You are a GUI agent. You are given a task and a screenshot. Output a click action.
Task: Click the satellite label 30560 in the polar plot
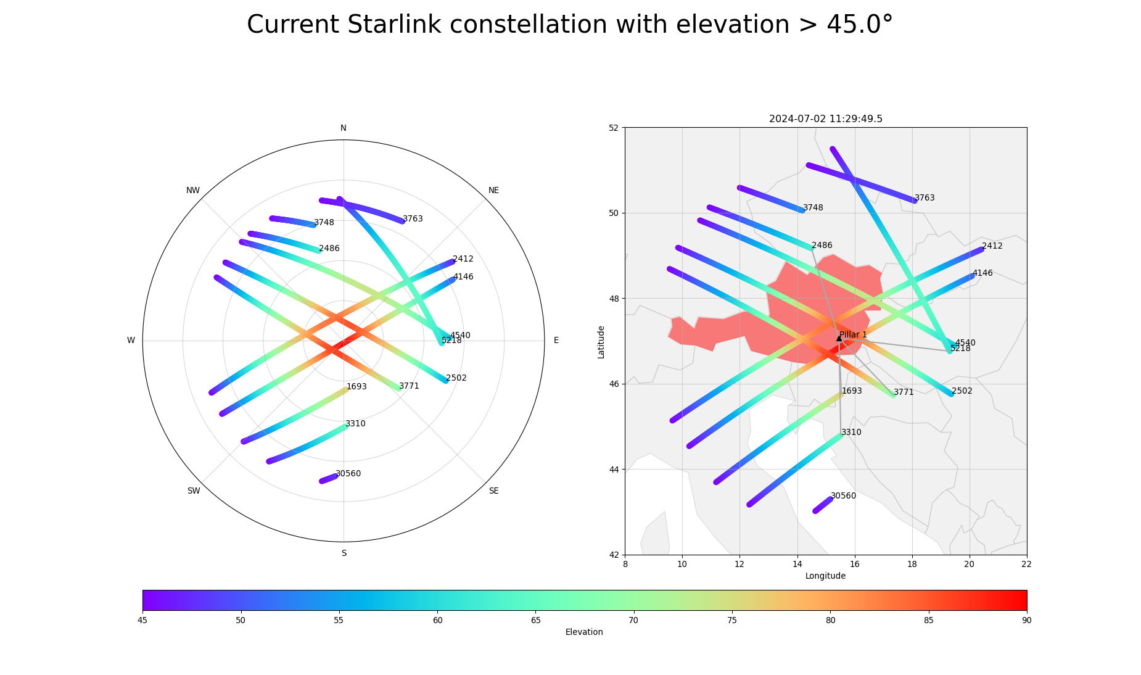click(348, 474)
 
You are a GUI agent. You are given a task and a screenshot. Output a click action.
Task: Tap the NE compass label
click(493, 190)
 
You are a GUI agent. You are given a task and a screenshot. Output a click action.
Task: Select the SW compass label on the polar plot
click(194, 491)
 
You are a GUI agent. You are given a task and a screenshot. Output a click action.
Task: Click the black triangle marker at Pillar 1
click(839, 338)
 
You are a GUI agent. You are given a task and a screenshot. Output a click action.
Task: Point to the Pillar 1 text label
click(853, 334)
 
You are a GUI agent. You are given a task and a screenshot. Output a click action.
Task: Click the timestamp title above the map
click(825, 119)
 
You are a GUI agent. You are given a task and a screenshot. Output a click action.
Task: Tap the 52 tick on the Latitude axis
click(614, 128)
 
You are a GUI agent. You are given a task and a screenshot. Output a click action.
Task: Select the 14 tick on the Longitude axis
click(797, 564)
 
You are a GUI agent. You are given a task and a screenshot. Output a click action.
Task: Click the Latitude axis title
click(601, 342)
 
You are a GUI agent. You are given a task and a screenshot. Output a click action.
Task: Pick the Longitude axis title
click(825, 576)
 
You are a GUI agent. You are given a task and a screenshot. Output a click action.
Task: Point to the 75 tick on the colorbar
click(731, 620)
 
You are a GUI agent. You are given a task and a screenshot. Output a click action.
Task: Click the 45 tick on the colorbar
click(142, 620)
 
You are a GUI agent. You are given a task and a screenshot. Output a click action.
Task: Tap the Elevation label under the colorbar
click(584, 632)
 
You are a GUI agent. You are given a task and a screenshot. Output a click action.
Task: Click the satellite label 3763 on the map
click(925, 198)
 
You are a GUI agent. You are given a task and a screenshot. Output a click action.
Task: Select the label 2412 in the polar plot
click(463, 259)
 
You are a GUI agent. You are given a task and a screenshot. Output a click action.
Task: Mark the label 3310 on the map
click(851, 433)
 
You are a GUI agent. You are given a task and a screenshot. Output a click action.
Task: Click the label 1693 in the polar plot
click(356, 387)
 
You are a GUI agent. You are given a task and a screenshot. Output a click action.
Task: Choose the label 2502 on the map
click(962, 391)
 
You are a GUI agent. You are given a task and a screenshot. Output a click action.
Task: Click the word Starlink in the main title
click(385, 25)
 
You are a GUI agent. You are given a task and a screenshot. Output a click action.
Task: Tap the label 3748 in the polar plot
click(324, 223)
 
